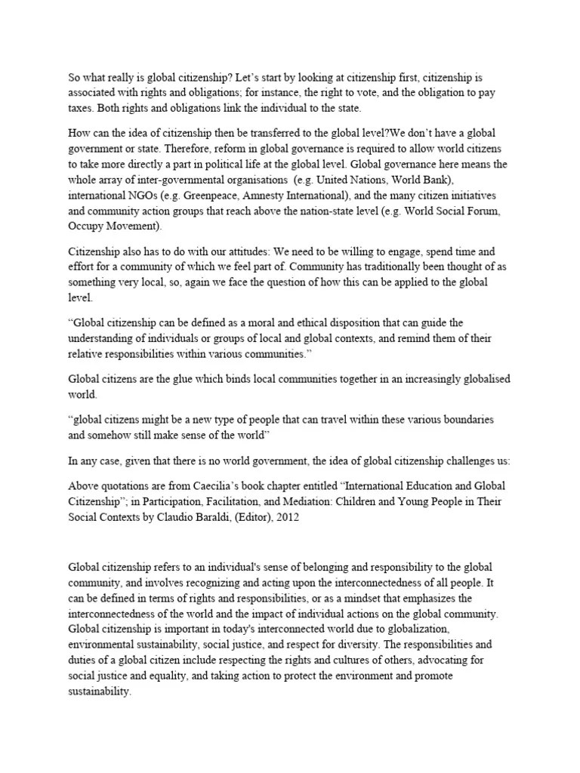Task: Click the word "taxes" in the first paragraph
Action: tap(81, 107)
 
